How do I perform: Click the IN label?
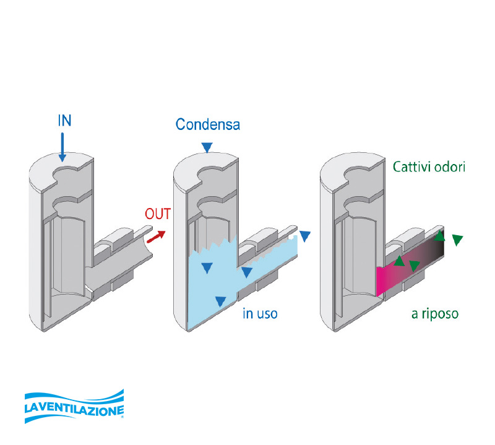[64, 120]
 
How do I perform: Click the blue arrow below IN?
[62, 149]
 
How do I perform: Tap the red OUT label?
[158, 214]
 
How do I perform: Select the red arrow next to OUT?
[156, 235]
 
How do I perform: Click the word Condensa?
[207, 124]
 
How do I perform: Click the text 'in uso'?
[260, 314]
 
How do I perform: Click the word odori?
[453, 168]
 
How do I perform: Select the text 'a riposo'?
[435, 314]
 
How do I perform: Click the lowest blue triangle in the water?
[219, 301]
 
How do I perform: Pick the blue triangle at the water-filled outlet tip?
[304, 236]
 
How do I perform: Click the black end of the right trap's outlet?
[437, 248]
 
